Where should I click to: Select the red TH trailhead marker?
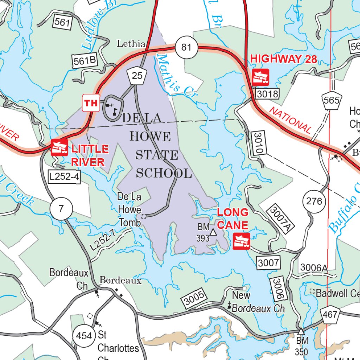[91, 103]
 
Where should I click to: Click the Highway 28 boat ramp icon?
[261, 77]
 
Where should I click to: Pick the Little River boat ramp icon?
[59, 147]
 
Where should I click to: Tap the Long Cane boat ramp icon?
[242, 241]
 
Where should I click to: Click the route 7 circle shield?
[61, 209]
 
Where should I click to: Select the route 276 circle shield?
[314, 201]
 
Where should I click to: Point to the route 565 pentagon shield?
[332, 101]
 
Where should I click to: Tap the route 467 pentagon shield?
[330, 315]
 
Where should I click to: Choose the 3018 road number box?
[267, 94]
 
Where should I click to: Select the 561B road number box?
[85, 60]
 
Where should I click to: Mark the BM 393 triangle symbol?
[213, 232]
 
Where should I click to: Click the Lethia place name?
[131, 44]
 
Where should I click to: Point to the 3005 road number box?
[194, 298]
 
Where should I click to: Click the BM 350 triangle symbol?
[301, 331]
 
